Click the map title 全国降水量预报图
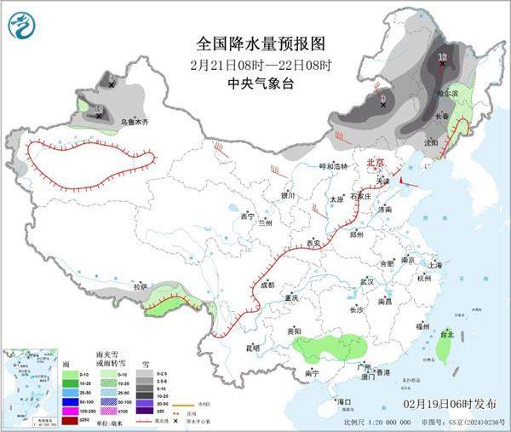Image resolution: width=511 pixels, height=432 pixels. point(261,43)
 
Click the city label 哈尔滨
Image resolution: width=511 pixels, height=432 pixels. point(448,92)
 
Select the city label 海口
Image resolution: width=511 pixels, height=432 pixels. point(344,400)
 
